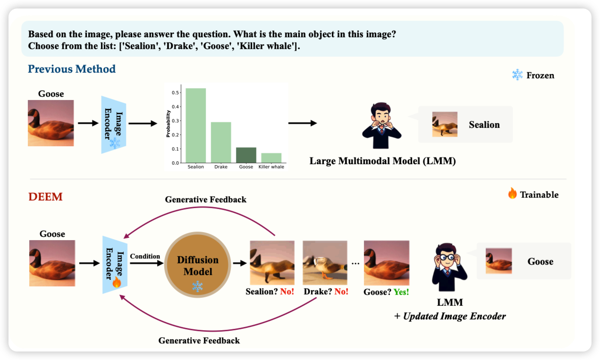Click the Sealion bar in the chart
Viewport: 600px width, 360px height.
[195, 126]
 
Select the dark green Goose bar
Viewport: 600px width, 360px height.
[246, 155]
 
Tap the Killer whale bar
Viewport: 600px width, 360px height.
[271, 158]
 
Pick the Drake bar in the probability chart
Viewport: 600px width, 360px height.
[220, 142]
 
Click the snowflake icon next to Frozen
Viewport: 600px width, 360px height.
[517, 75]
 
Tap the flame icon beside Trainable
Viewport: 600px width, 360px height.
[512, 193]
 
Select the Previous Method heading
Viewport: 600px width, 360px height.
[72, 69]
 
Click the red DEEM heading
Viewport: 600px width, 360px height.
[46, 197]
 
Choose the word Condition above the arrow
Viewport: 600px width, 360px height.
[145, 256]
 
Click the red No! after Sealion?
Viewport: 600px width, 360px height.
[287, 292]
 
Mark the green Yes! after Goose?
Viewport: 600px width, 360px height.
[401, 292]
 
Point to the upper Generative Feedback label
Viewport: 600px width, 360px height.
[205, 200]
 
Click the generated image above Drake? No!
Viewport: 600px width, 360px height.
[325, 262]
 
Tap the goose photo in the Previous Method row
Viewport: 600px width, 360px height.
[51, 123]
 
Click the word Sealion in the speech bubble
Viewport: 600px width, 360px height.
[484, 125]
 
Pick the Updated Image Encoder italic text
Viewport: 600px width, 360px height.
[454, 316]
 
